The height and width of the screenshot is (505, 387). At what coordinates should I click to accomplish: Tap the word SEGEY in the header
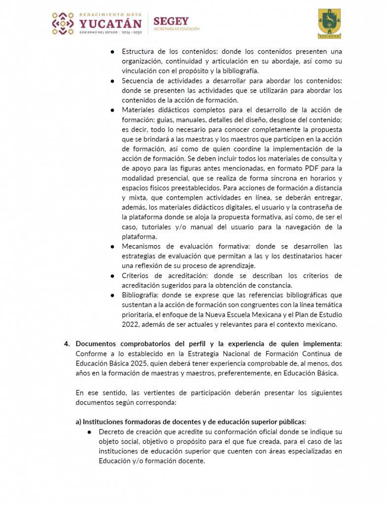[171, 21]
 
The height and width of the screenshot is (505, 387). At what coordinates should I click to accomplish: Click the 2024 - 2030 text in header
[131, 32]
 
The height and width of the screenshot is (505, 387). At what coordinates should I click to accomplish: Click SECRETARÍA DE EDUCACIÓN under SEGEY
[176, 29]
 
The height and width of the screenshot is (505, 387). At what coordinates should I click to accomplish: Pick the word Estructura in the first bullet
[138, 51]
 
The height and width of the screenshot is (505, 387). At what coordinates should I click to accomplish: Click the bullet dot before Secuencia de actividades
[112, 81]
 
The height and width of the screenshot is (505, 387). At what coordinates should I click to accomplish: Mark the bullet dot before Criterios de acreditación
[112, 276]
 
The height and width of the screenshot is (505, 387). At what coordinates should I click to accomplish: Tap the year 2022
[131, 324]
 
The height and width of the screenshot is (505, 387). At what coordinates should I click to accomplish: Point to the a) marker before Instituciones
[78, 422]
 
